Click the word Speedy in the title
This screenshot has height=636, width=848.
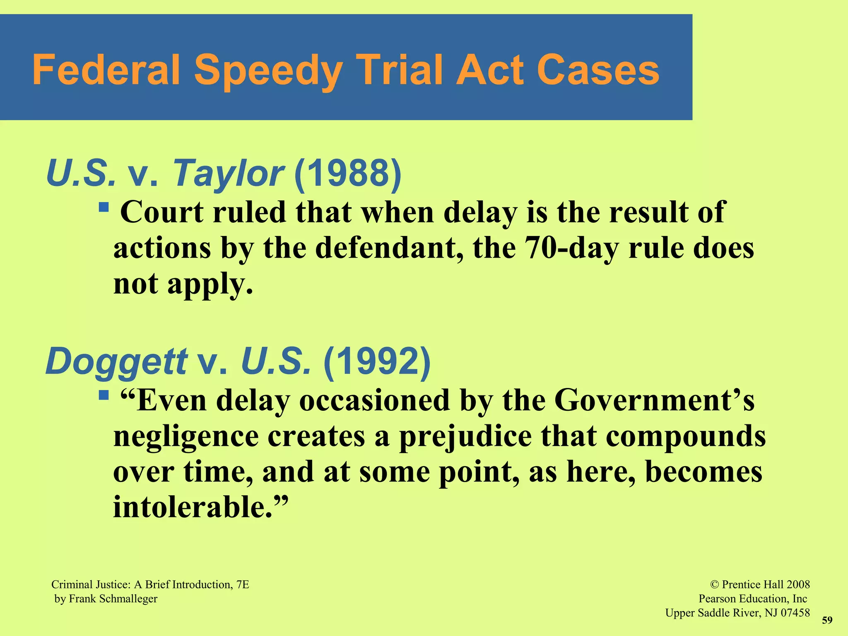point(268,71)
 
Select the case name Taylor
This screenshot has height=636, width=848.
point(227,173)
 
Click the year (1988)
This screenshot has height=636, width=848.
point(348,173)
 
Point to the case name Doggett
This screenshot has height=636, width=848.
point(116,361)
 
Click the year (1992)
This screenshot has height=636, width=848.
point(377,361)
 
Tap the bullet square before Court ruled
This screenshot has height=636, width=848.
point(104,206)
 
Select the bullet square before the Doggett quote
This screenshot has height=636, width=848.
point(104,395)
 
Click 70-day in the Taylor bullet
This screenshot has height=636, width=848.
point(571,248)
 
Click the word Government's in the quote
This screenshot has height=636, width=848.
point(654,401)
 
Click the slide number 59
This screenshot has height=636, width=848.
point(827,620)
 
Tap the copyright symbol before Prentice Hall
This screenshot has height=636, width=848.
point(714,585)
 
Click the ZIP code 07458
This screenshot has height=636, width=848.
point(795,613)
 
